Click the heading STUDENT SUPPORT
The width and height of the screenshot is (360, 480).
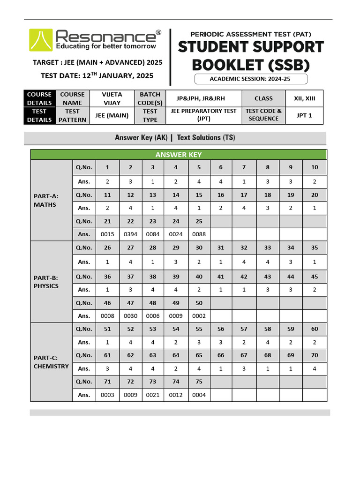click(x=251, y=47)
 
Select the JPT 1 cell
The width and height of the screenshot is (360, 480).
click(x=304, y=115)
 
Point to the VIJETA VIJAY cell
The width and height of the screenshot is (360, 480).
click(x=112, y=98)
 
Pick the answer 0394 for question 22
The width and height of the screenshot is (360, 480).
click(x=130, y=234)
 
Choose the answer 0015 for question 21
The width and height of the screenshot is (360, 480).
click(x=107, y=234)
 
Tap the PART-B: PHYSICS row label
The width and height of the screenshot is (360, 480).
click(x=46, y=282)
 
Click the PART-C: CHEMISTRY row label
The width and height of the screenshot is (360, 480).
click(x=51, y=362)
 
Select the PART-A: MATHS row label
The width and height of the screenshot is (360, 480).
click(x=45, y=201)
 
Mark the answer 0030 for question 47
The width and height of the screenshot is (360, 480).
click(x=130, y=316)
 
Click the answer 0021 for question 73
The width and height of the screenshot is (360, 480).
click(x=153, y=395)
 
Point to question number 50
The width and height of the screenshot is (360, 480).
click(x=199, y=303)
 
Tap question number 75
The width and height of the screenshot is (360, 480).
click(x=199, y=382)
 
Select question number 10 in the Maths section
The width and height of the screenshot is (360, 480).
click(x=314, y=167)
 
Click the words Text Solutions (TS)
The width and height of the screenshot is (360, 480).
click(x=206, y=138)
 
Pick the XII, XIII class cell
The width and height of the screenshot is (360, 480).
click(x=304, y=98)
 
